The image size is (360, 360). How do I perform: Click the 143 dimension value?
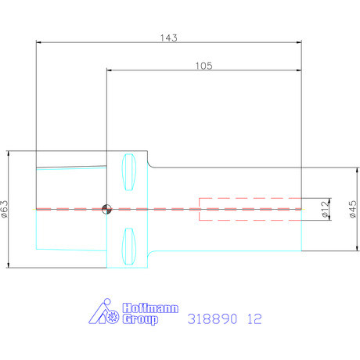click(x=169, y=38)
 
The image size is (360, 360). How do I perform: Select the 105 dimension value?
click(x=204, y=66)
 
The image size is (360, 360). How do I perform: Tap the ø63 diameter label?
click(x=5, y=209)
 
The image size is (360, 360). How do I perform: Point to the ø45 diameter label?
click(x=352, y=209)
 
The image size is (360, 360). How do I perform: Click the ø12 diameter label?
click(x=325, y=209)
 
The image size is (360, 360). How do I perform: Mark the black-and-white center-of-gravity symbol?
click(x=106, y=209)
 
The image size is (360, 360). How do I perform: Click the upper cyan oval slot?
click(x=129, y=172)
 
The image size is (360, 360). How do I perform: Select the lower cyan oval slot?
click(x=129, y=247)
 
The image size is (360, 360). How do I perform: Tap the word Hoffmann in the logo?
click(x=150, y=308)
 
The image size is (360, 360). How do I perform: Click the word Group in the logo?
click(x=140, y=319)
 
